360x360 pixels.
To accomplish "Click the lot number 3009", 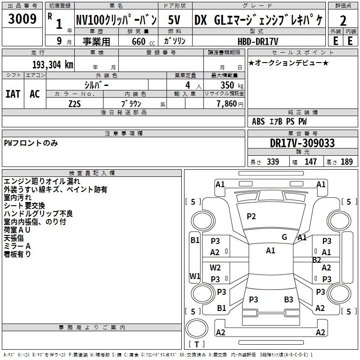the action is click(x=22, y=19).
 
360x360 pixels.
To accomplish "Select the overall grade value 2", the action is click(x=343, y=21).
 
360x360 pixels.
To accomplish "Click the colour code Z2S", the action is click(x=75, y=103).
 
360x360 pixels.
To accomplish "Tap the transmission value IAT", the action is click(x=13, y=94).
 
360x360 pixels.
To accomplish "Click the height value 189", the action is click(x=347, y=162).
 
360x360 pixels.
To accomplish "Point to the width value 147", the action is click(x=311, y=162).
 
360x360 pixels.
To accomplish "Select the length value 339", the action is click(x=273, y=162).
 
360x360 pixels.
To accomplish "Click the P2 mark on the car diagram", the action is click(x=251, y=216).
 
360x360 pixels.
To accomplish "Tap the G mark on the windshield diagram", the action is click(x=284, y=237).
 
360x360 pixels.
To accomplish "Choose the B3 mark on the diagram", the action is click(x=288, y=299).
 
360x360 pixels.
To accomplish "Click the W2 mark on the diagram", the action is click(x=216, y=267).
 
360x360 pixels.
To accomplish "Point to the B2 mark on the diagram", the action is click(x=317, y=260).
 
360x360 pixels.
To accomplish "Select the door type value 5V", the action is click(x=175, y=20).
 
